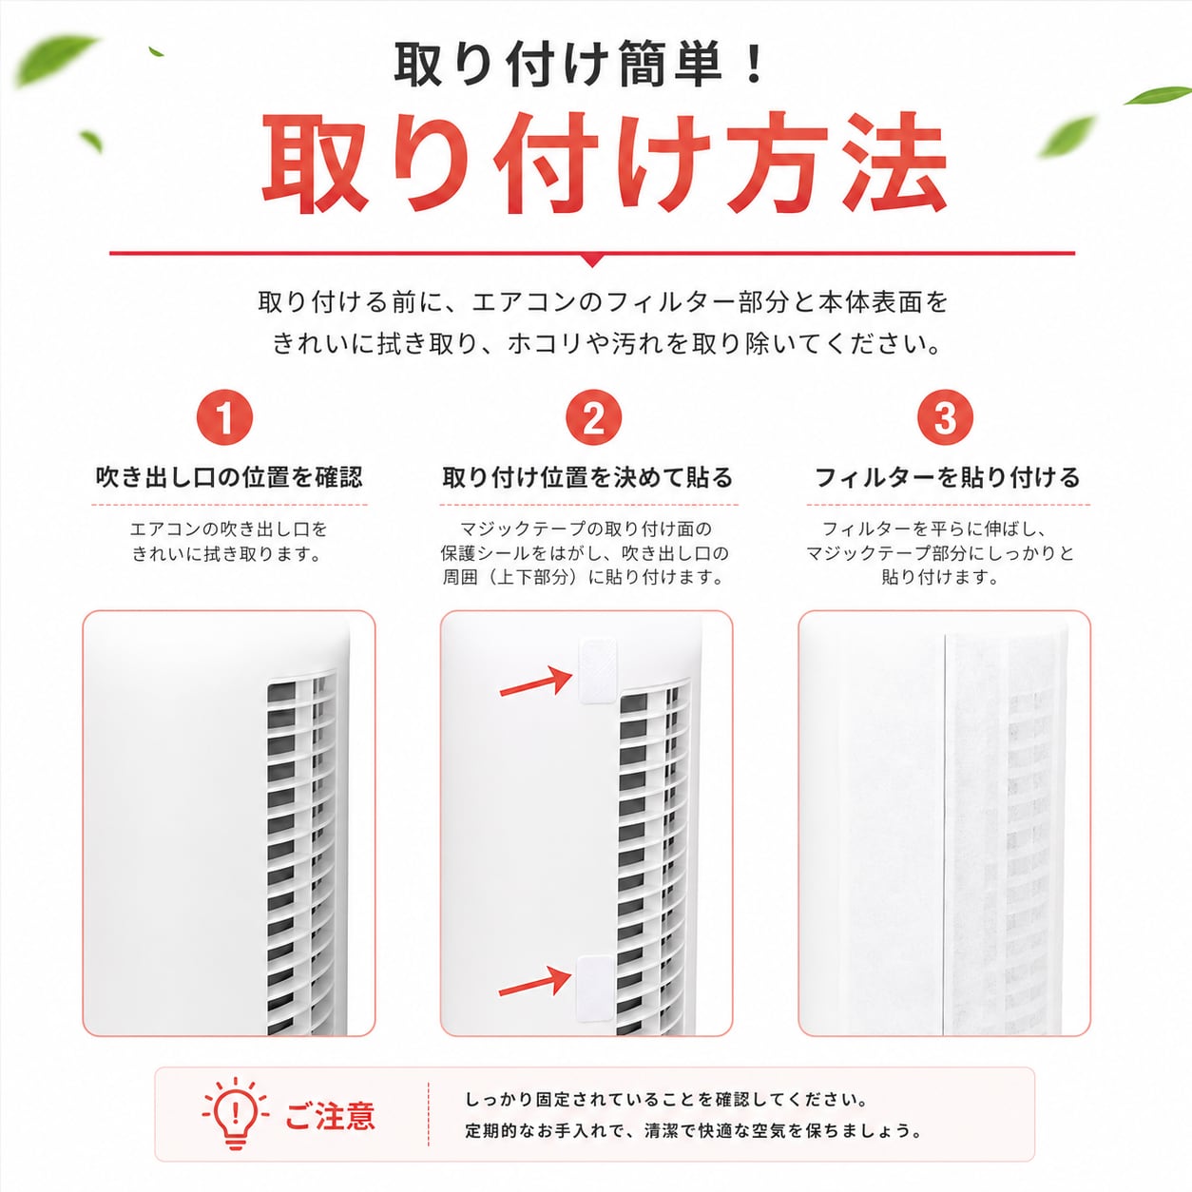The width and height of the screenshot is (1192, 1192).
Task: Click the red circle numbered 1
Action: coord(224,417)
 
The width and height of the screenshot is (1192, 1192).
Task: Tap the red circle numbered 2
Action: coord(593,417)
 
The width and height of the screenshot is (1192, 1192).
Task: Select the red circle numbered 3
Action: coord(945,417)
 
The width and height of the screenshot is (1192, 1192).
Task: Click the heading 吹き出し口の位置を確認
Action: coord(229,477)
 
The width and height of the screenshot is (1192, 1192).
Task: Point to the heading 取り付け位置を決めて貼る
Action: coord(587,477)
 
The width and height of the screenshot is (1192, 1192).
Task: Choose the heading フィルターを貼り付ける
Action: coord(947,477)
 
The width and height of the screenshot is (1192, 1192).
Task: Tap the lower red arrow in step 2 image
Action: coord(535,984)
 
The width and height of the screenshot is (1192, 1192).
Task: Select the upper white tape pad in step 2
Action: coord(598,671)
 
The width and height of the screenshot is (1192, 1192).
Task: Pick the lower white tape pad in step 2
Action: coord(595,989)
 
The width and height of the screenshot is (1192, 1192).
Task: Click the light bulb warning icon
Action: coord(235,1113)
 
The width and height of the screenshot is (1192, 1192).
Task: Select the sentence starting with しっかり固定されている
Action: coord(666,1100)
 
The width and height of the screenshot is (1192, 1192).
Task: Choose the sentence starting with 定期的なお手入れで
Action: coord(693,1131)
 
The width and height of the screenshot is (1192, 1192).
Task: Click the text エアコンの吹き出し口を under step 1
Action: coord(228,529)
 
